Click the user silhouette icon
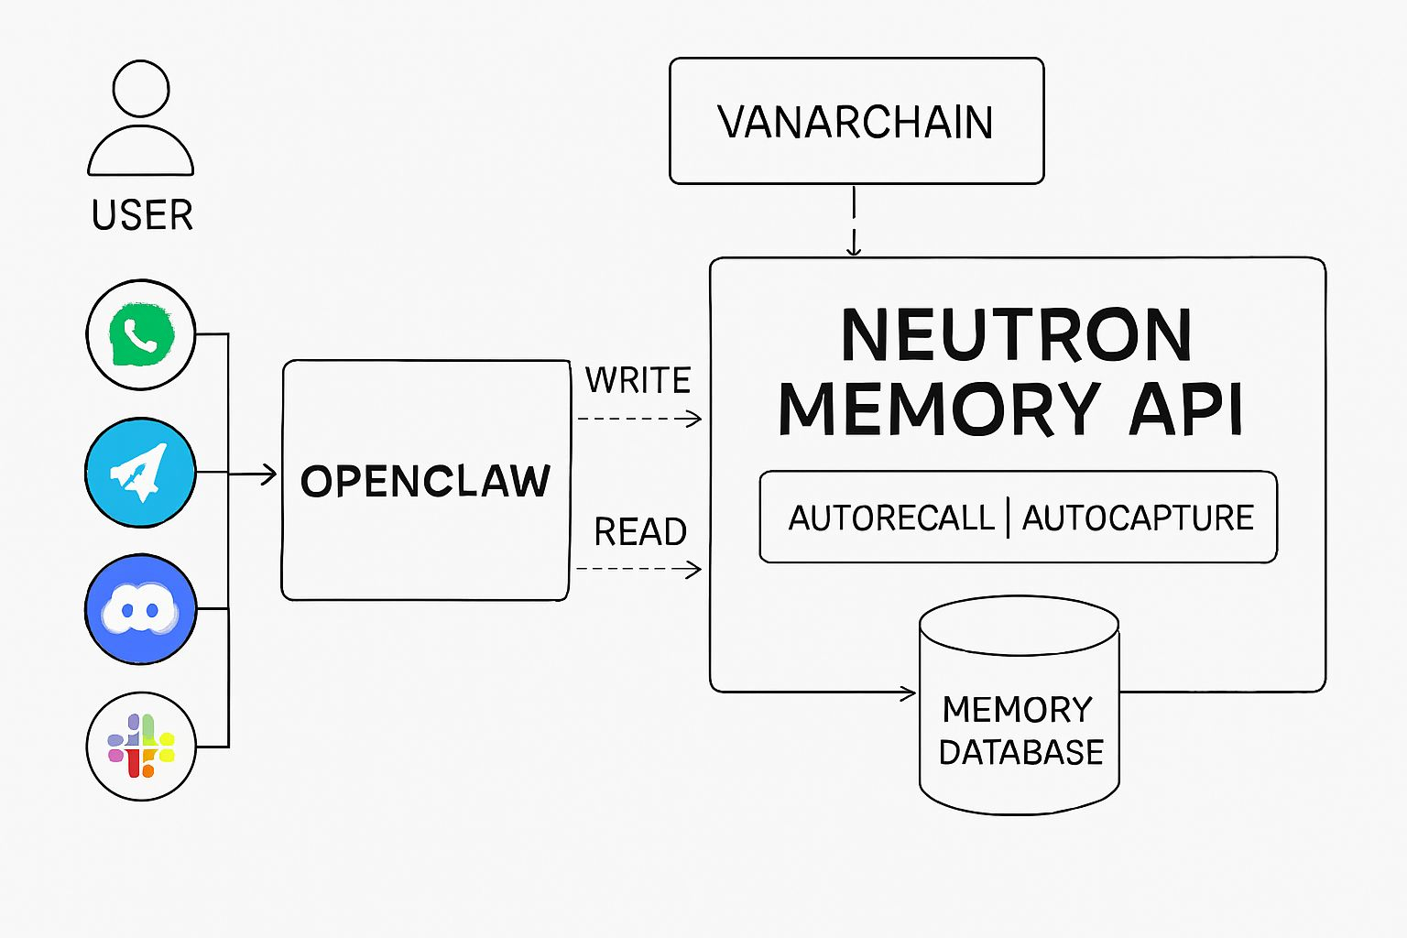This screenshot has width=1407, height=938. pos(140,119)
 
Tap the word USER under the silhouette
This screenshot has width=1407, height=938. pos(142,216)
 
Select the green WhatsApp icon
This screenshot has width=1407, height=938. pos(141,335)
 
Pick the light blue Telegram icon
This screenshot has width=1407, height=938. pos(140,473)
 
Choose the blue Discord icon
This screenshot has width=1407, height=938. pos(140,609)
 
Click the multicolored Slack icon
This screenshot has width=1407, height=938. pos(141,747)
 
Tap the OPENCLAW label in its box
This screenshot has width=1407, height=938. pos(426,482)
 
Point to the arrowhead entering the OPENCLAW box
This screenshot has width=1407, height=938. pos(269,474)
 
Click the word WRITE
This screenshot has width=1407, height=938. pos(638,380)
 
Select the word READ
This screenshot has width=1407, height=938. pos(640,532)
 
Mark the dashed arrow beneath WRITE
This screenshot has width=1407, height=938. pos(639,420)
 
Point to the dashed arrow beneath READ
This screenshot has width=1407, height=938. pos(639,569)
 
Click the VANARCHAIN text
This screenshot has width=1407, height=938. pos(856,123)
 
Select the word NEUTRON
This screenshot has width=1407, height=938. pos(1017,335)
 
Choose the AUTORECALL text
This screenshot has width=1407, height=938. pos(891,518)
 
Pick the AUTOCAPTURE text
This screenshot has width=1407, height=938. pos(1138,518)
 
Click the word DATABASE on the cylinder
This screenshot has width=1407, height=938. pos(1021,753)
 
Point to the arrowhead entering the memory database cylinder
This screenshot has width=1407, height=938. pos(909,693)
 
